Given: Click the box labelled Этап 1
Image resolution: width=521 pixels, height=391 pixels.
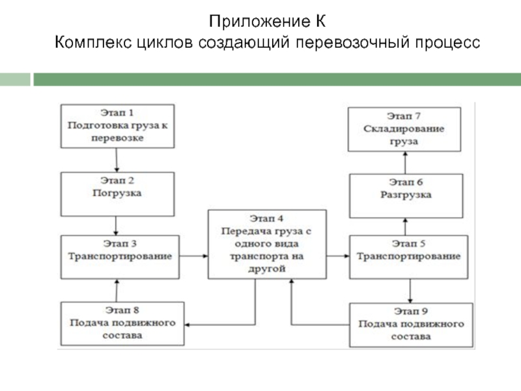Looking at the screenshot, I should (x=117, y=126).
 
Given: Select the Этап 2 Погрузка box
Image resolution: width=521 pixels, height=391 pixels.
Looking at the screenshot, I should (x=117, y=194).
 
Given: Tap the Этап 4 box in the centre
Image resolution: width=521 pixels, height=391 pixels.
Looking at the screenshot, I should (x=267, y=244).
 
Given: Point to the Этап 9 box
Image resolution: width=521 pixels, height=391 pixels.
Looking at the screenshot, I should (x=411, y=324).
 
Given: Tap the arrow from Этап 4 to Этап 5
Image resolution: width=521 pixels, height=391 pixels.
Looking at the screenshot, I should (x=337, y=257).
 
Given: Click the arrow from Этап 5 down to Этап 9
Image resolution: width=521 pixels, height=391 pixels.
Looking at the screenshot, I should (x=411, y=290).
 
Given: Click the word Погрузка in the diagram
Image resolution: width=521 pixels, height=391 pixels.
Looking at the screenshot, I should (x=117, y=194).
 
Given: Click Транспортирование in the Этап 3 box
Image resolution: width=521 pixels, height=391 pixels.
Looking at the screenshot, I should (x=120, y=256).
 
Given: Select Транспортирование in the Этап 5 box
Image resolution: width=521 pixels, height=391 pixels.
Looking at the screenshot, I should (x=408, y=256).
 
